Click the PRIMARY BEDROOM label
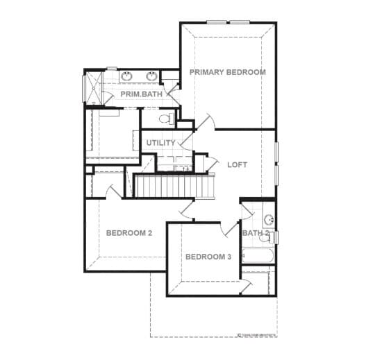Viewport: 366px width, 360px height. click(x=227, y=72)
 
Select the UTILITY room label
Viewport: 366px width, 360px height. click(x=160, y=143)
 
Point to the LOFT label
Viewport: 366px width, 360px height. click(x=237, y=165)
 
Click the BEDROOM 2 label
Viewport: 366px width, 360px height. click(x=128, y=233)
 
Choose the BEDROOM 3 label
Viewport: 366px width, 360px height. click(x=208, y=257)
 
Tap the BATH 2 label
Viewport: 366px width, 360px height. click(x=254, y=233)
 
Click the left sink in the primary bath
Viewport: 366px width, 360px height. click(x=127, y=76)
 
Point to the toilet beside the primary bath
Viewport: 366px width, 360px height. click(x=165, y=119)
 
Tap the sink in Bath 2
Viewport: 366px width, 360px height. click(x=269, y=220)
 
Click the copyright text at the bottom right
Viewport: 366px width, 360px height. click(x=257, y=334)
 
